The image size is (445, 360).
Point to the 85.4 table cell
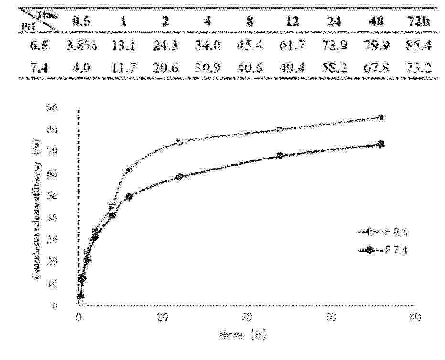[x=418, y=46]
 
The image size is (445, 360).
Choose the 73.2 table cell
[x=418, y=68]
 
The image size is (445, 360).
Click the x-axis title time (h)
[x=243, y=335]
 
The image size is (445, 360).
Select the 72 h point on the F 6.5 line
[x=381, y=117]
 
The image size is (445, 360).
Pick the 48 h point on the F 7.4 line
[x=280, y=156]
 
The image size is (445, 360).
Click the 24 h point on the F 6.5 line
[x=179, y=142]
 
